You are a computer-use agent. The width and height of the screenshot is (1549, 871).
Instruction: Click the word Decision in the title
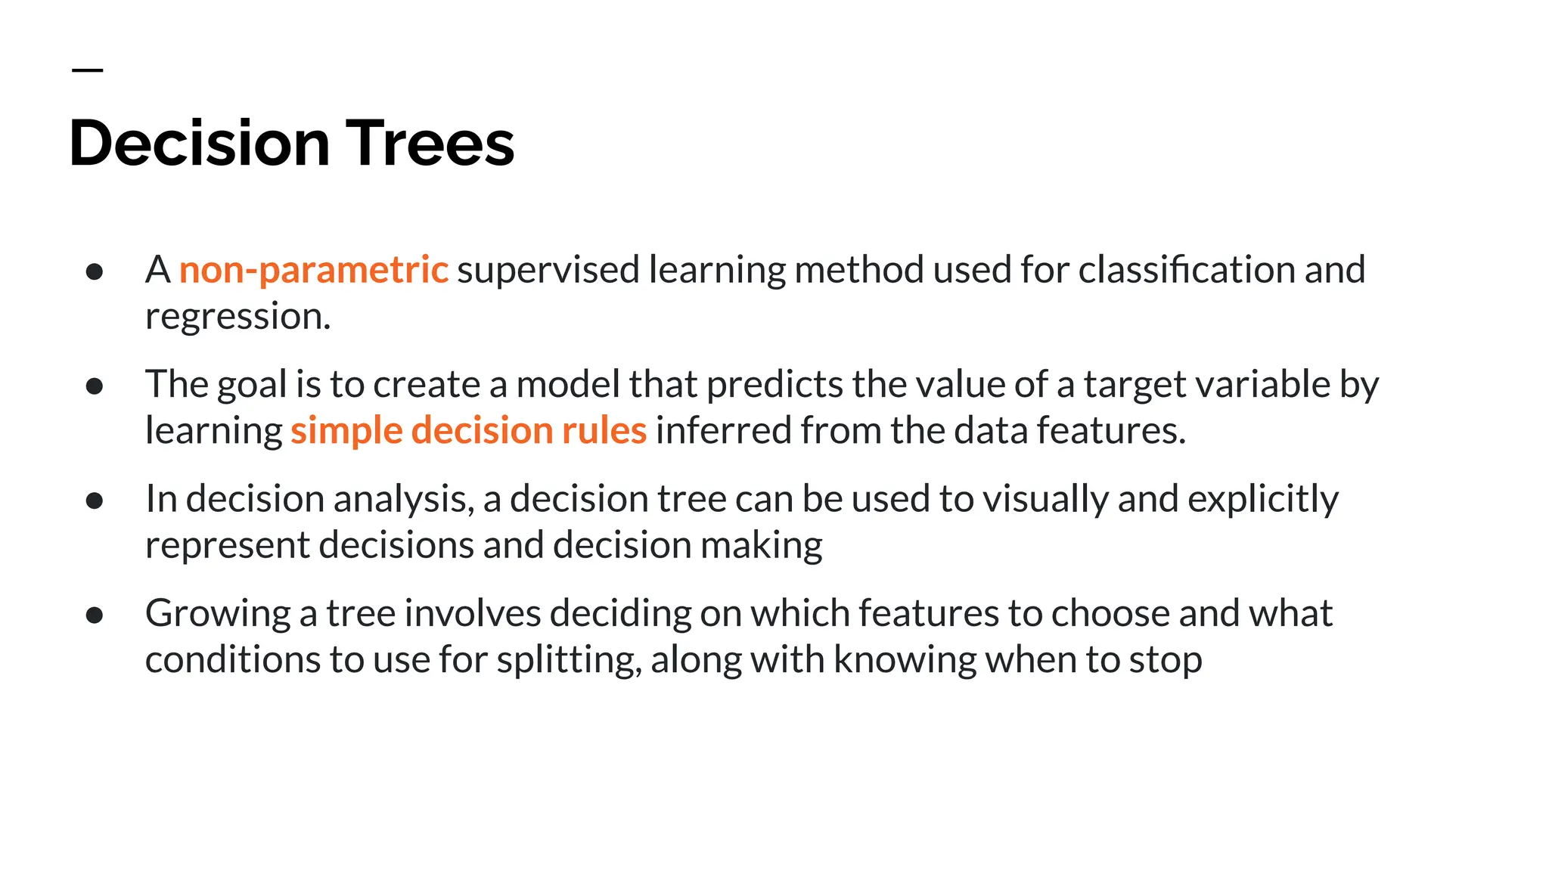(x=200, y=144)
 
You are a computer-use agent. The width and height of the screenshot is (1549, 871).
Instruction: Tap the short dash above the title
(x=87, y=70)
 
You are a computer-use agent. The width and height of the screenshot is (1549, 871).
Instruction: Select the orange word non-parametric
(x=313, y=270)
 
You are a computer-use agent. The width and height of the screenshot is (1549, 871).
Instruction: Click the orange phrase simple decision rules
(x=468, y=430)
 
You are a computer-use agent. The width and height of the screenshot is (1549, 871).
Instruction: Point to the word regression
(x=237, y=317)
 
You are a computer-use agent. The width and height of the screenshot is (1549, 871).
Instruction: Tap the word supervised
(x=548, y=270)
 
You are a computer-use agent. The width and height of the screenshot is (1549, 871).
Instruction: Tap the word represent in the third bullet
(x=227, y=546)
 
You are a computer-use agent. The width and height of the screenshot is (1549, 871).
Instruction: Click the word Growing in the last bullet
(x=218, y=614)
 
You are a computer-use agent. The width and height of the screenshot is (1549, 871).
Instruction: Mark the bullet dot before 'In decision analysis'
(x=95, y=501)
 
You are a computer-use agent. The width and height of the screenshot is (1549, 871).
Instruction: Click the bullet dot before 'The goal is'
(x=95, y=386)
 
